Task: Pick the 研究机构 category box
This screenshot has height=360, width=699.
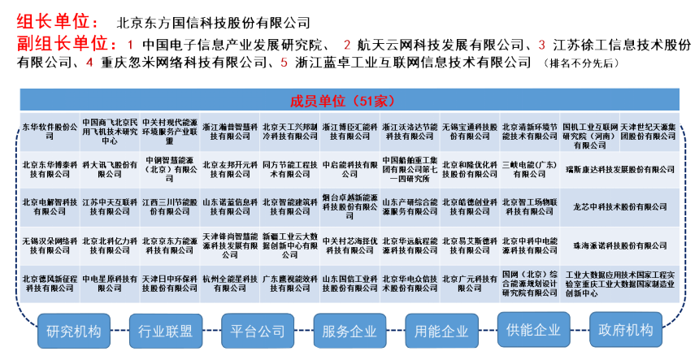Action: pyautogui.click(x=74, y=331)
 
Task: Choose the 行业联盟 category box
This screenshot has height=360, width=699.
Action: pyautogui.click(x=165, y=331)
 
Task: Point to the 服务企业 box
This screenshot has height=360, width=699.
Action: pyautogui.click(x=349, y=331)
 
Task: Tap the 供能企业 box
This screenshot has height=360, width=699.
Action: pyautogui.click(x=533, y=331)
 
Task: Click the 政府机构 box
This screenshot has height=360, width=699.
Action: pyautogui.click(x=625, y=331)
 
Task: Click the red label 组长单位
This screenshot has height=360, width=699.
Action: pyautogui.click(x=58, y=22)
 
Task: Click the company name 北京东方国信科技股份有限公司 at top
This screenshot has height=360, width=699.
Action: pyautogui.click(x=213, y=23)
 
